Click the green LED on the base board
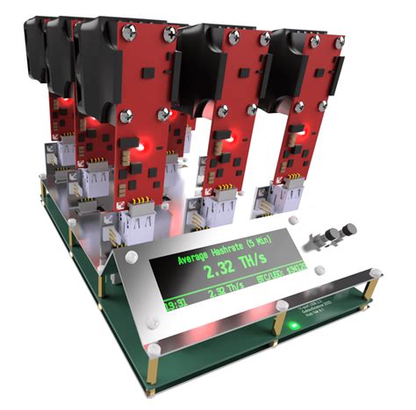[293, 327]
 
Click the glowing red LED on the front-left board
[141, 149]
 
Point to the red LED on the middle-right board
[229, 138]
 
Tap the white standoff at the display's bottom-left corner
[152, 350]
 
